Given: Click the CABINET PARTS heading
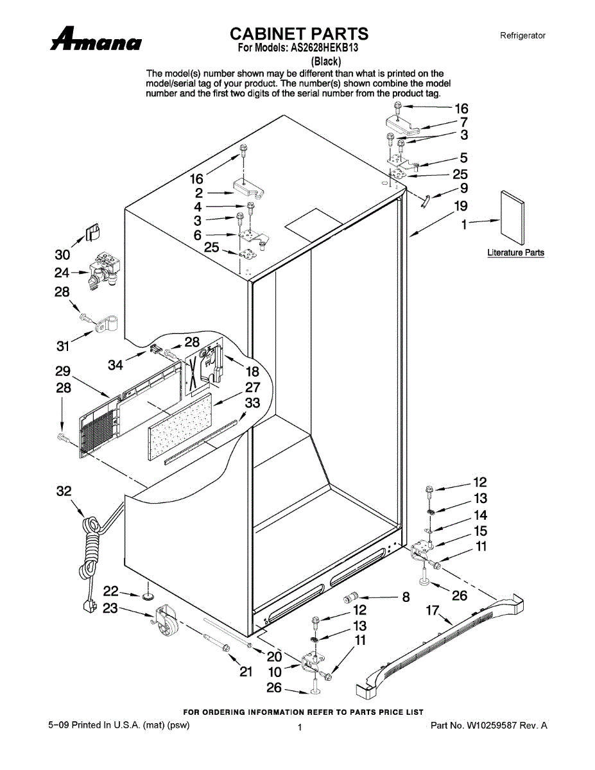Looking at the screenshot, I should coord(299,33).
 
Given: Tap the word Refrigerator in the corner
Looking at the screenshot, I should coord(522,36).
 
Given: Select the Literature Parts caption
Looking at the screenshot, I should coord(515,253).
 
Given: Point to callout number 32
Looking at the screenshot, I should coord(64,492).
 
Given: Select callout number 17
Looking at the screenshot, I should coord(433,612).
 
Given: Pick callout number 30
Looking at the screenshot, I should coord(62,255).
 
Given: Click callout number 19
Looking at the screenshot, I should coord(461,206).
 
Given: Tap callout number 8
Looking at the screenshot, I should coord(406,597).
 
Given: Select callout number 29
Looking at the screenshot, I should coord(62,371).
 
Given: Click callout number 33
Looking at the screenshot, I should coord(253,403).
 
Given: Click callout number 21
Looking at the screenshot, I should coord(246,672).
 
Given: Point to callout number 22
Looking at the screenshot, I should coord(111,590).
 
